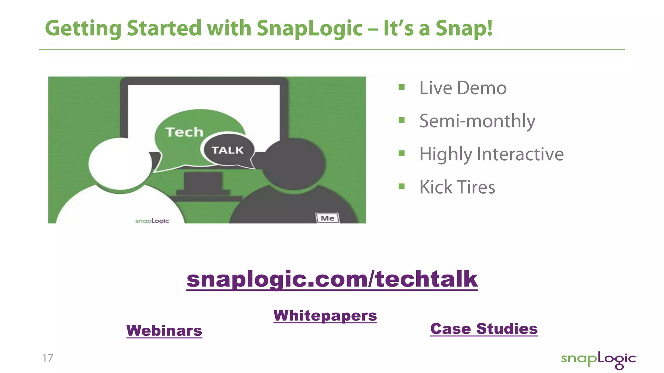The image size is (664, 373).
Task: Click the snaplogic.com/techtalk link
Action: (x=332, y=279)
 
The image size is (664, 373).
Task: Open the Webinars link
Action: (x=164, y=331)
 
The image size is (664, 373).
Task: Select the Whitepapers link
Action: (x=325, y=315)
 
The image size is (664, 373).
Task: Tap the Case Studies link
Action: (x=484, y=329)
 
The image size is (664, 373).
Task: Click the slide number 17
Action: (x=48, y=358)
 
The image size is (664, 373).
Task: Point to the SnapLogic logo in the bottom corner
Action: (x=599, y=360)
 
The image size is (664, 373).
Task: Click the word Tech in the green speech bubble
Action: (x=184, y=132)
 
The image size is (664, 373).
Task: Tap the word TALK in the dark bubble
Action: (x=228, y=150)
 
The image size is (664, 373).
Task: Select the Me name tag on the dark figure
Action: (x=327, y=218)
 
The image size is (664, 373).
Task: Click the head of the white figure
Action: (x=120, y=164)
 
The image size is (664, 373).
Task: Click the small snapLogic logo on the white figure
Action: (x=152, y=221)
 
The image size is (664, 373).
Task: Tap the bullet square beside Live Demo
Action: (x=402, y=87)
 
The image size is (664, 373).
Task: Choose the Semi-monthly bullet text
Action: (x=477, y=121)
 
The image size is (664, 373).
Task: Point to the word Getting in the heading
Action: (x=83, y=28)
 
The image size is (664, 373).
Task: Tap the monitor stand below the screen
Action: (x=203, y=183)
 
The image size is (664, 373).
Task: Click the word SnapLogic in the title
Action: (x=310, y=28)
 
